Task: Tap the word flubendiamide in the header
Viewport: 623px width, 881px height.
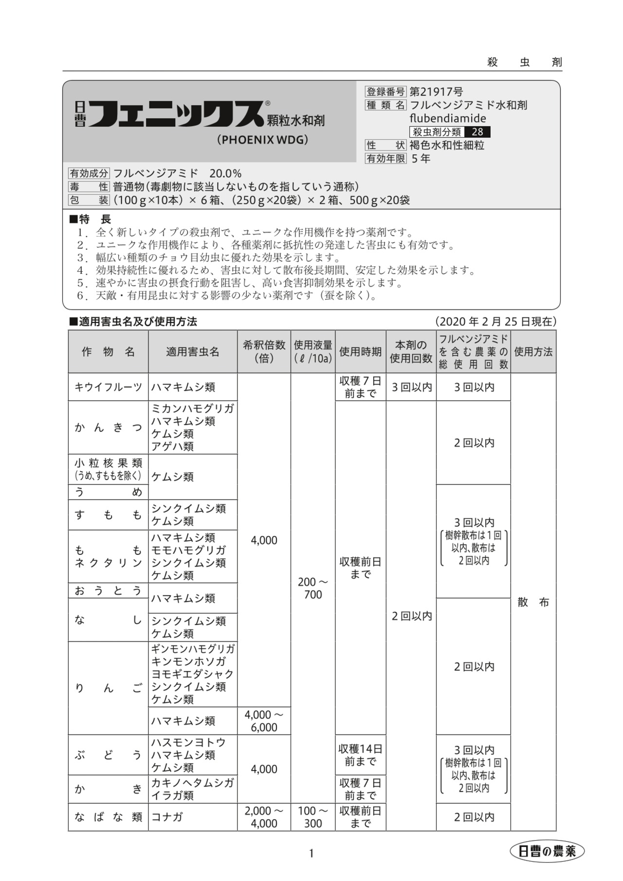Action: pyautogui.click(x=447, y=118)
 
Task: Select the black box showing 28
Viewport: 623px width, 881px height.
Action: pyautogui.click(x=477, y=132)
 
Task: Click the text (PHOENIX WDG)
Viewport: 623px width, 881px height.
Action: pyautogui.click(x=263, y=140)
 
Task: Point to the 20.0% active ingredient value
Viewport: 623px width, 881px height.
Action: pyautogui.click(x=225, y=173)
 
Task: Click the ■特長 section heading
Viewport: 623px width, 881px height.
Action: pyautogui.click(x=91, y=220)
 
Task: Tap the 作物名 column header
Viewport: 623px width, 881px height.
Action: pyautogui.click(x=108, y=352)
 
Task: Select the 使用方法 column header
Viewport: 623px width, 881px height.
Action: pyautogui.click(x=533, y=352)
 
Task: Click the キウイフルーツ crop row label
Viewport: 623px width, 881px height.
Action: pyautogui.click(x=108, y=387)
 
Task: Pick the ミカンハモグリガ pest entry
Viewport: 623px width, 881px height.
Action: pyautogui.click(x=192, y=409)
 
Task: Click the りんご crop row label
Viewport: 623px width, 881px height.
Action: pyautogui.click(x=108, y=688)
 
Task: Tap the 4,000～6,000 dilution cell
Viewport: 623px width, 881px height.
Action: pyautogui.click(x=264, y=721)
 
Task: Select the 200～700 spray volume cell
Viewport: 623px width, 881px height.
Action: pyautogui.click(x=313, y=588)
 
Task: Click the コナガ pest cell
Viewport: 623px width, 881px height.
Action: pyautogui.click(x=167, y=817)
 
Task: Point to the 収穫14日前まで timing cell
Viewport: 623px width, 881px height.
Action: pyautogui.click(x=360, y=755)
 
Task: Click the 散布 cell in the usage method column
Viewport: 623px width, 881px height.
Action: pyautogui.click(x=533, y=602)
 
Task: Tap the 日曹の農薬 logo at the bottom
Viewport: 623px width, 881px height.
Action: pyautogui.click(x=547, y=851)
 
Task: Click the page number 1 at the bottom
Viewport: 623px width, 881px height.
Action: pyautogui.click(x=311, y=853)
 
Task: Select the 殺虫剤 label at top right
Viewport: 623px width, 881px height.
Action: pyautogui.click(x=525, y=62)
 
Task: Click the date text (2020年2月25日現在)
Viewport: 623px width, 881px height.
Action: pyautogui.click(x=496, y=322)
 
